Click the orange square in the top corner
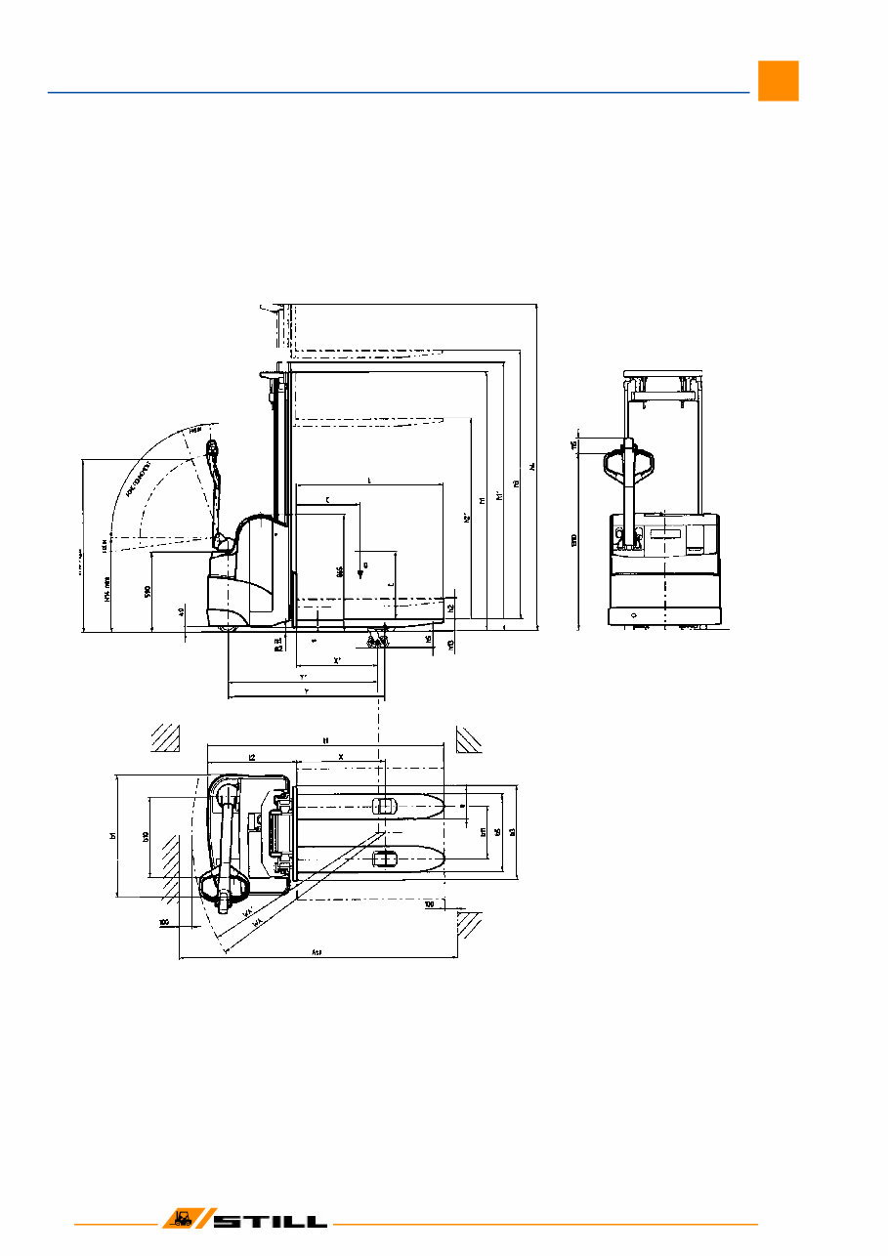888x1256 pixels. (x=778, y=81)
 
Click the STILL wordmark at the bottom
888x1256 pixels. (x=271, y=1222)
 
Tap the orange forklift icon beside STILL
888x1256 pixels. (x=182, y=1220)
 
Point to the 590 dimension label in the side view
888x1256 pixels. (x=147, y=591)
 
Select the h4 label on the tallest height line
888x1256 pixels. (x=533, y=467)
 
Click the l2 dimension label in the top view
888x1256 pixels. (x=251, y=757)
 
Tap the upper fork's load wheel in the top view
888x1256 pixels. (x=384, y=804)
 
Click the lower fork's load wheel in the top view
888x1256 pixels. (x=385, y=858)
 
